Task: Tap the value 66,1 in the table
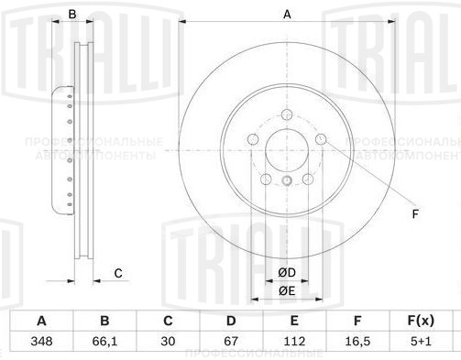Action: pyautogui.click(x=104, y=342)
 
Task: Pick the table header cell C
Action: pyautogui.click(x=168, y=321)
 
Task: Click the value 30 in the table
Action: pyautogui.click(x=168, y=342)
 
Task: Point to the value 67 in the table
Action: pyautogui.click(x=231, y=342)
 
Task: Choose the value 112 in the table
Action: pyautogui.click(x=294, y=342)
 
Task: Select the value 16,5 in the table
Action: pyautogui.click(x=357, y=342)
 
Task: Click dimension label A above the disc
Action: pyautogui.click(x=286, y=14)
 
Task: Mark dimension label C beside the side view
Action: pyautogui.click(x=118, y=273)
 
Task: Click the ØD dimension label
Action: pyautogui.click(x=286, y=273)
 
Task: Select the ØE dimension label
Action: pyautogui.click(x=286, y=291)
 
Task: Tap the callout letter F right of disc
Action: pyautogui.click(x=414, y=214)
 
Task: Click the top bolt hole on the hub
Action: pyautogui.click(x=287, y=115)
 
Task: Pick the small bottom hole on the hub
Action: pyautogui.click(x=287, y=180)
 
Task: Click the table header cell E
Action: pyautogui.click(x=294, y=321)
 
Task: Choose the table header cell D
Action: pyautogui.click(x=231, y=321)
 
